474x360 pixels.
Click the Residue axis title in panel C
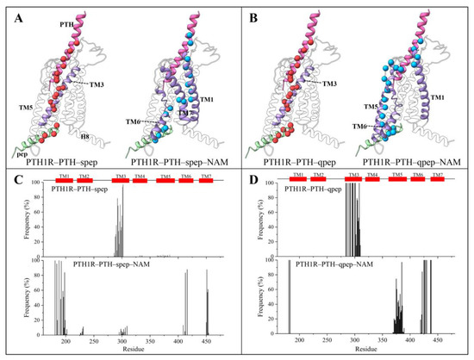[128, 353]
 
